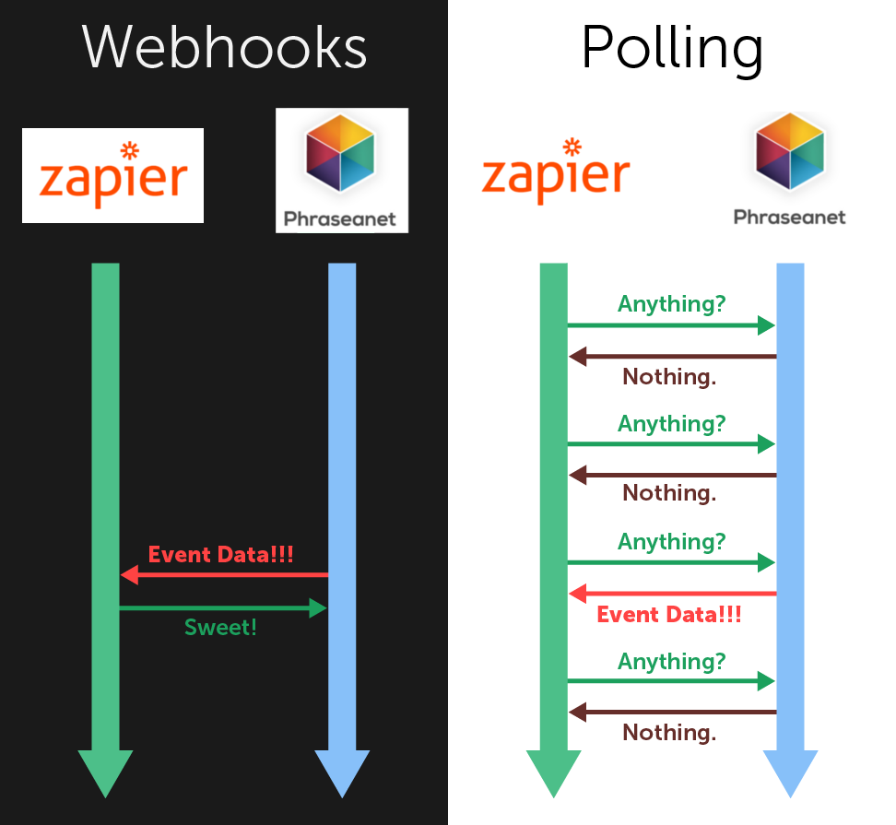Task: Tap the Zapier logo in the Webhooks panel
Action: coord(112,175)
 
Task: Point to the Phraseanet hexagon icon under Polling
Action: coord(789,151)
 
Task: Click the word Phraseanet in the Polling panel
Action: coord(789,218)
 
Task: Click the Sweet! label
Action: coord(220,628)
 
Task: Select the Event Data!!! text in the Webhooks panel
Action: coord(221,554)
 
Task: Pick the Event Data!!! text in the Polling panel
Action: coord(669,614)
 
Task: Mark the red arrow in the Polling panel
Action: coord(672,594)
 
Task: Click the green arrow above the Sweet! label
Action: coord(224,608)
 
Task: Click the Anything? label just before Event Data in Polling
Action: coord(672,541)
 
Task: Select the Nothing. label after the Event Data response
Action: coord(669,733)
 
